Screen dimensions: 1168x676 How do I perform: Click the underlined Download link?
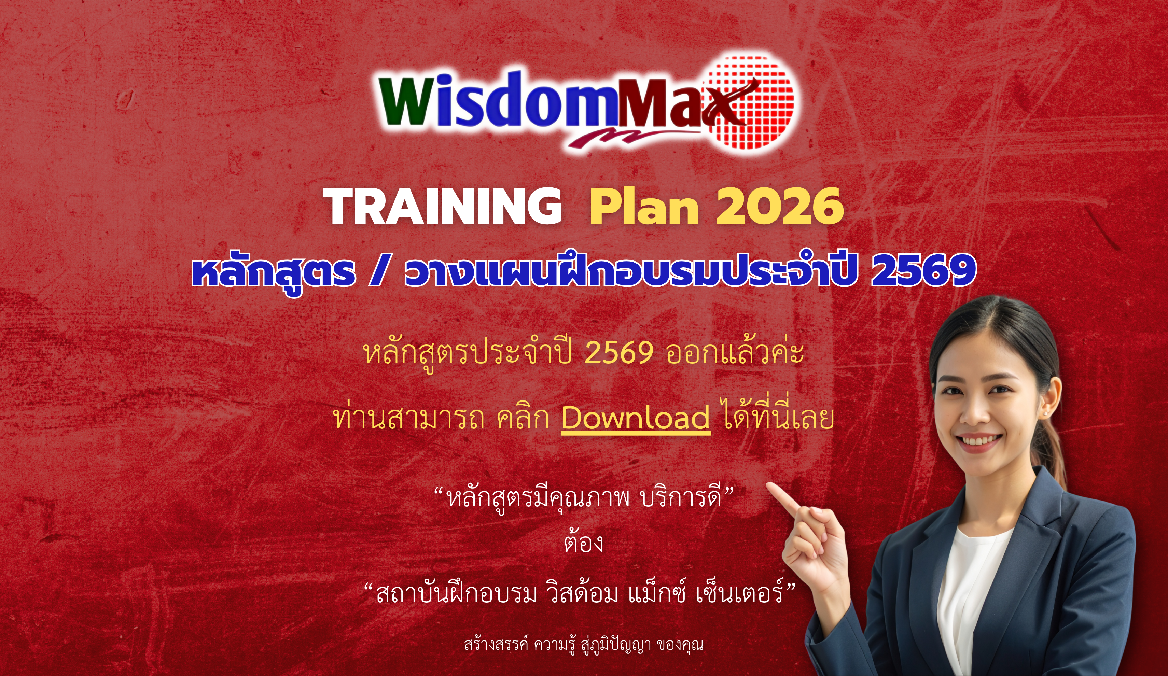[636, 418]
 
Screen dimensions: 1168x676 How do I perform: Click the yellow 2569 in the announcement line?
[619, 353]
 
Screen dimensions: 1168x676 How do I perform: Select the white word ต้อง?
[584, 543]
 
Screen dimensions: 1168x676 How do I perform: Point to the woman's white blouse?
[971, 598]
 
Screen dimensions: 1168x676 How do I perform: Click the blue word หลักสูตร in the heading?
[274, 272]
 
